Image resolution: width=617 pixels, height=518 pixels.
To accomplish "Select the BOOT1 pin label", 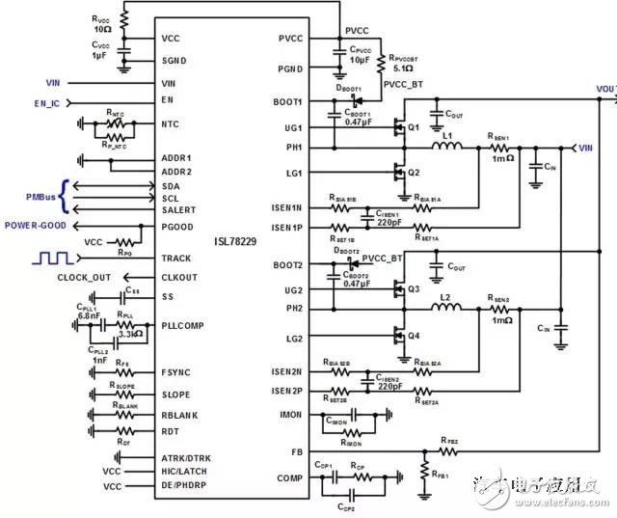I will [x=289, y=101].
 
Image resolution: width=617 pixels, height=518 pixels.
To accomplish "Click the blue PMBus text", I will [x=40, y=198].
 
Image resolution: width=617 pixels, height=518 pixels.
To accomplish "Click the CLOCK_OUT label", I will [x=87, y=278].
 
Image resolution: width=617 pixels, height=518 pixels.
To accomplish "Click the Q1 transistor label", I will [x=413, y=127].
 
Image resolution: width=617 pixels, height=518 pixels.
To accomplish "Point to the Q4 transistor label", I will [x=413, y=337].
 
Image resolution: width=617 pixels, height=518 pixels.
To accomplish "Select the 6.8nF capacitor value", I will [x=89, y=315].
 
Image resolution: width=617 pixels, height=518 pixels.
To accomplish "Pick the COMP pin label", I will [x=290, y=478].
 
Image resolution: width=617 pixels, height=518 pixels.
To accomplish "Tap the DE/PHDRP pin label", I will [x=186, y=486].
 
